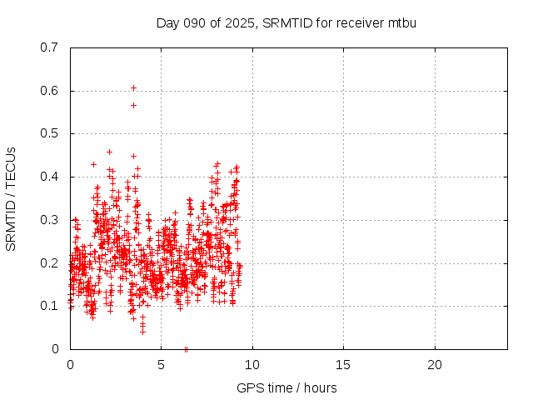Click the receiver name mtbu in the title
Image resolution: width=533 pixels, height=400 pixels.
[x=401, y=22]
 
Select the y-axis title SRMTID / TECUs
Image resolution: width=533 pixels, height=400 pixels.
[x=11, y=198]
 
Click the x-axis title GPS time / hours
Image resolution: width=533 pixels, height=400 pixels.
[x=287, y=387]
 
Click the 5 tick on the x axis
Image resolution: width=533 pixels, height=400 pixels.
[x=161, y=365]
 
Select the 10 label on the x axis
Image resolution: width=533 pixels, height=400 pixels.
[x=252, y=365]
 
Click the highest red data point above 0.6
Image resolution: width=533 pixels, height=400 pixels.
[x=133, y=87]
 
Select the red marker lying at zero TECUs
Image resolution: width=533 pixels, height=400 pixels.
[x=186, y=349]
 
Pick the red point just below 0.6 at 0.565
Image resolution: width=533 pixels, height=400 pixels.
[x=133, y=105]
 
